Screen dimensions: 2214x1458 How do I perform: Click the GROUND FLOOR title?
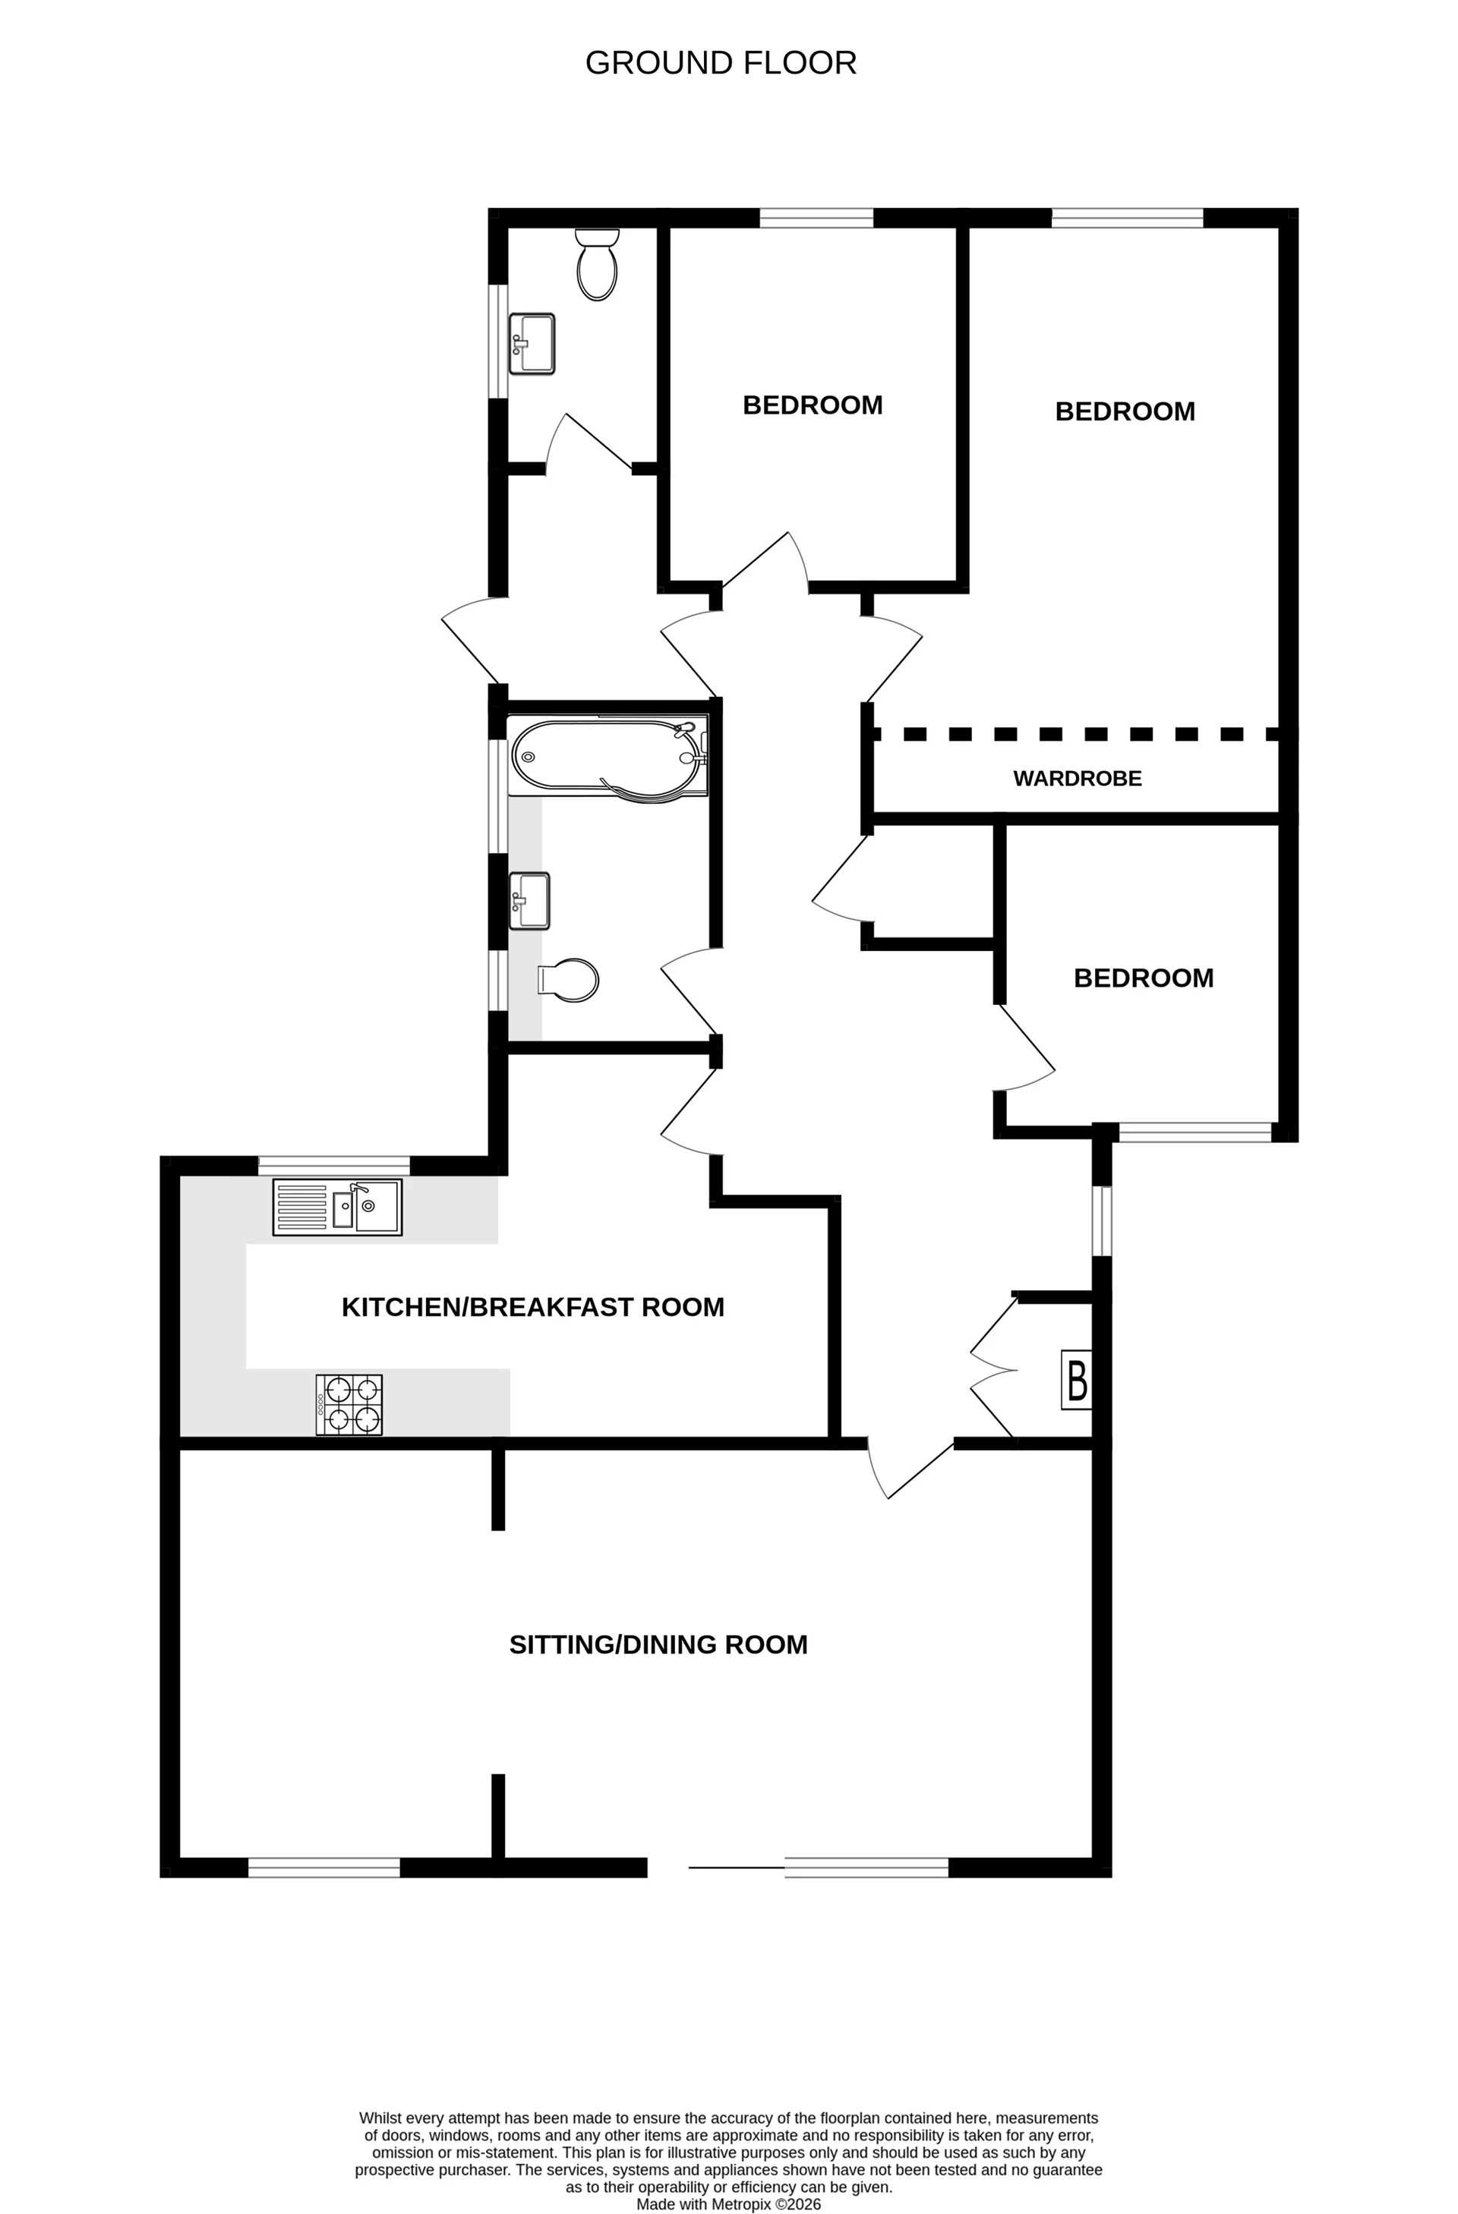pyautogui.click(x=720, y=63)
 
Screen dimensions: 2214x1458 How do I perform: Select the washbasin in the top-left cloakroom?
pyautogui.click(x=532, y=343)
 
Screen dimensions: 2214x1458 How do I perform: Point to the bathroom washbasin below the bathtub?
pyautogui.click(x=529, y=900)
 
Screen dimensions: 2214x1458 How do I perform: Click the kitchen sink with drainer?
pyautogui.click(x=337, y=1208)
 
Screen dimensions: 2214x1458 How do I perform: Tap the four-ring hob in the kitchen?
pyautogui.click(x=349, y=1405)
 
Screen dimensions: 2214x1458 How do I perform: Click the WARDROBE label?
pyautogui.click(x=1077, y=779)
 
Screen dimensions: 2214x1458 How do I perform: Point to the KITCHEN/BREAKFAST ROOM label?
pyautogui.click(x=532, y=1307)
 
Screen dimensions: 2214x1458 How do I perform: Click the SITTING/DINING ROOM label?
pyautogui.click(x=658, y=1645)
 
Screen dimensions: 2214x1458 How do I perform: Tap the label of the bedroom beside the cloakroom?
pyautogui.click(x=813, y=405)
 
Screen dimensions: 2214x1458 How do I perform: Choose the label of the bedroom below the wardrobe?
pyautogui.click(x=1143, y=978)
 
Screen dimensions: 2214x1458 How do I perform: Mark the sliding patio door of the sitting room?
pyautogui.click(x=737, y=1866)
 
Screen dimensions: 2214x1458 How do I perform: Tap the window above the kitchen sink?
pyautogui.click(x=333, y=1166)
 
